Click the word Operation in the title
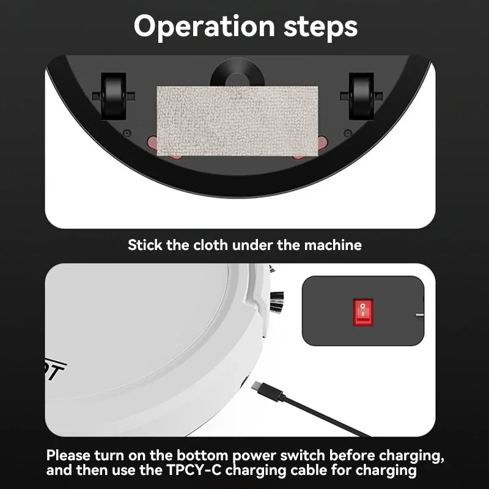click(196, 27)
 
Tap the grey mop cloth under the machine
click(237, 120)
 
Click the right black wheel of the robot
click(361, 95)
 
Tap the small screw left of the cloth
click(127, 133)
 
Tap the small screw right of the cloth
click(347, 133)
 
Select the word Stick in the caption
click(145, 245)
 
